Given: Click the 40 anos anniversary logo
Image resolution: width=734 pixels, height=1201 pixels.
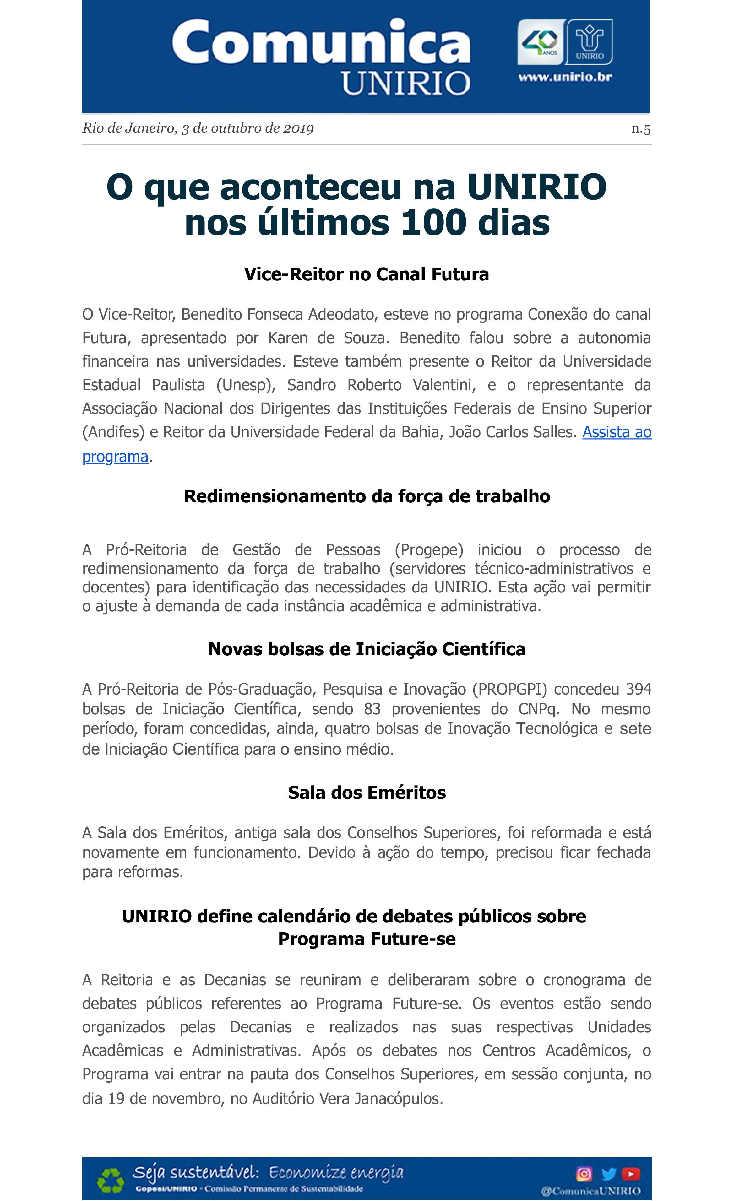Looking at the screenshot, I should [x=541, y=42].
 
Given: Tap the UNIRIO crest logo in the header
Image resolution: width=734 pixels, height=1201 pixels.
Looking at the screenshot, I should [x=589, y=42].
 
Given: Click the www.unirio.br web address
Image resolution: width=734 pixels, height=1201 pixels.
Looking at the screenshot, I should [x=565, y=77].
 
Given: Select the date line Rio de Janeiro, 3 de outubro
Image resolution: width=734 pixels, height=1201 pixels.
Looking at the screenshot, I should [x=198, y=128].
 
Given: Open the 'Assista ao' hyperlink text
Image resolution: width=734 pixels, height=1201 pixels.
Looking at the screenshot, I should [x=617, y=432].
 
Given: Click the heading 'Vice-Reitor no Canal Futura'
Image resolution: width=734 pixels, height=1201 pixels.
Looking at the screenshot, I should [x=366, y=274].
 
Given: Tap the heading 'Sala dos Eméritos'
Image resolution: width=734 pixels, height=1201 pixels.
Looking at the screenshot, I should [x=366, y=793].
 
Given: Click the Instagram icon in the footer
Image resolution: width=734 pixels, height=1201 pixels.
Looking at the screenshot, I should [x=584, y=1173].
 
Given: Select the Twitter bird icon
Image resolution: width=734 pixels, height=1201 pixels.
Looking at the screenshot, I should [x=608, y=1173].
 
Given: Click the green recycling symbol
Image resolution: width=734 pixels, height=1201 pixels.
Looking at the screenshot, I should [x=111, y=1180].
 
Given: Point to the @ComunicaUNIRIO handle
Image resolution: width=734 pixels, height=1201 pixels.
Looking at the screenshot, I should [x=590, y=1191].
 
